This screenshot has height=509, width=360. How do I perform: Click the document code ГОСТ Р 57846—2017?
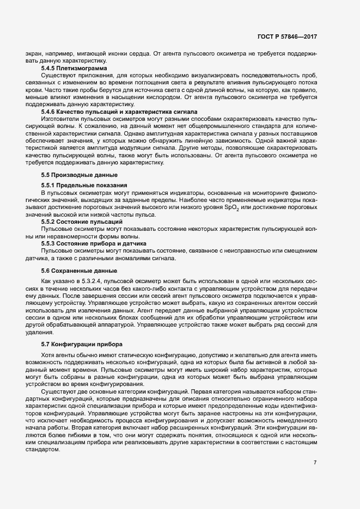(287, 36)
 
